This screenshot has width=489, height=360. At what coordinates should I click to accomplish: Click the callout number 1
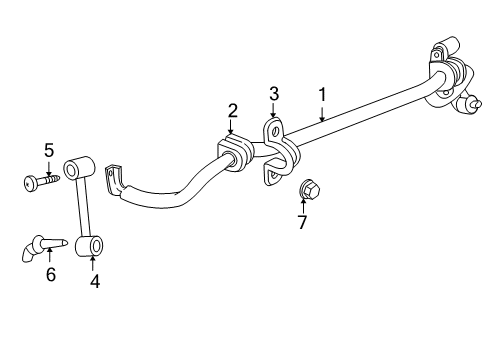click(x=322, y=94)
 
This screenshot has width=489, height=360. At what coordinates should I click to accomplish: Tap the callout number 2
click(x=232, y=109)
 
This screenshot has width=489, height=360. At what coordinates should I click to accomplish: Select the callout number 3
click(x=274, y=95)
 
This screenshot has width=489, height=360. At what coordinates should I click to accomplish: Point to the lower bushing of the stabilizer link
click(x=93, y=242)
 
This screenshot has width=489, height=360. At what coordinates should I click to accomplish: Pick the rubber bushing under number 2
click(x=232, y=150)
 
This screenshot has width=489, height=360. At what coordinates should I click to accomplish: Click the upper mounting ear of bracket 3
click(x=273, y=130)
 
